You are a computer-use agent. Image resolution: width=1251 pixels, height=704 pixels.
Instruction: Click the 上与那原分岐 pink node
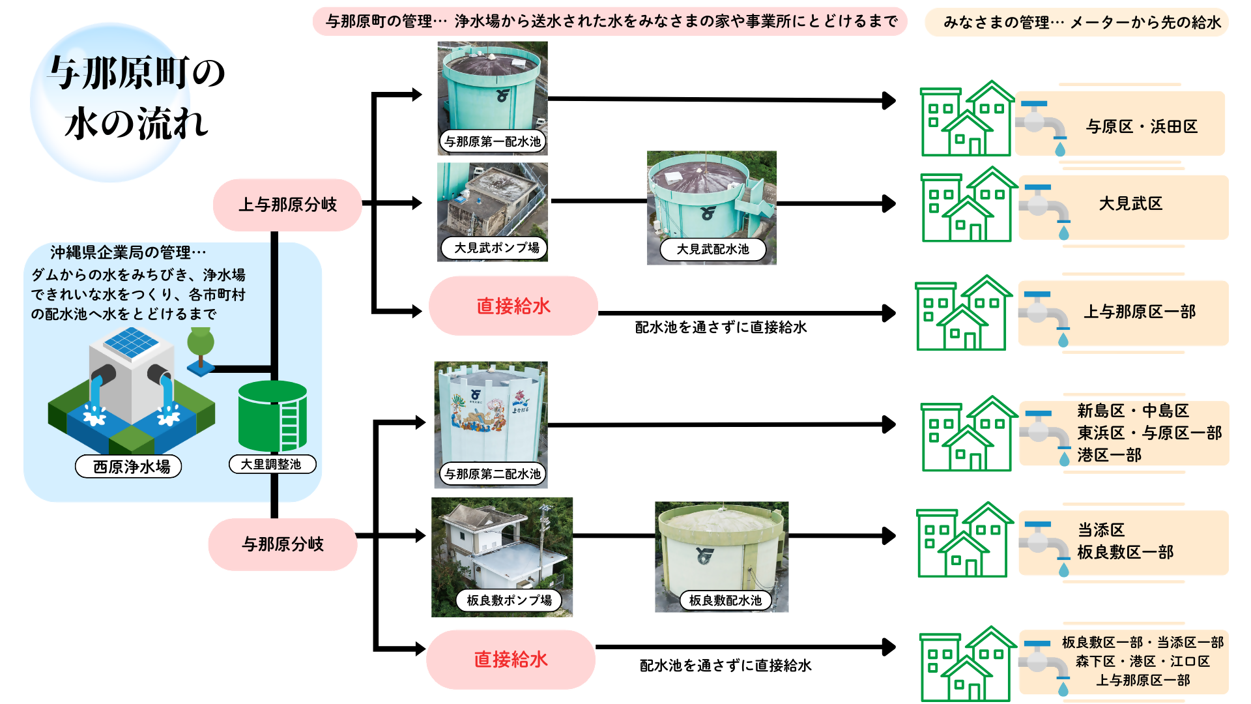(287, 205)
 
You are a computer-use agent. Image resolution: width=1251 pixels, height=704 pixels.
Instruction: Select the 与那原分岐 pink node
(283, 544)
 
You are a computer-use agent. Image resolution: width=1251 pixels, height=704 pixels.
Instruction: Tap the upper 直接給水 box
(513, 306)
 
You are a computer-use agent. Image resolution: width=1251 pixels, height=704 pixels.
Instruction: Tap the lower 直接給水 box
(510, 659)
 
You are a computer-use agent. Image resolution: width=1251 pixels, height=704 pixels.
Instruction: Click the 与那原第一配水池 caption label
(493, 141)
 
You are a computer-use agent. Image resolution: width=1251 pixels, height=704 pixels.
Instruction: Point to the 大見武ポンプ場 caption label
(496, 248)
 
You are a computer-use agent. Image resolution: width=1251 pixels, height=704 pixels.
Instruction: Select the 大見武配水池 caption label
(712, 249)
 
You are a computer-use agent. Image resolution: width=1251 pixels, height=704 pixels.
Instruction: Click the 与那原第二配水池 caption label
(493, 474)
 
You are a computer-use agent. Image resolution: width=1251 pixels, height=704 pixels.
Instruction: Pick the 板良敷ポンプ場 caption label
(509, 600)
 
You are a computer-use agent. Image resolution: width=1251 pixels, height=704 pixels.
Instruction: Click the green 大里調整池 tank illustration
(272, 417)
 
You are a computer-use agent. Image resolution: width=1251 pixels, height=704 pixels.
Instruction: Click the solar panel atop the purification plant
(131, 342)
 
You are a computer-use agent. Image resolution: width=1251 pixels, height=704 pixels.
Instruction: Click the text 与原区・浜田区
(1142, 126)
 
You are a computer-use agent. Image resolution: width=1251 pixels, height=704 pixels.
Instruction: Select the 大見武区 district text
(1130, 203)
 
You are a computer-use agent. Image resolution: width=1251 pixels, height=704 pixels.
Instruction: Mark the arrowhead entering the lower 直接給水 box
(419, 649)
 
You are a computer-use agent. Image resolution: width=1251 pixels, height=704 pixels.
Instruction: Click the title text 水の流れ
(137, 123)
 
